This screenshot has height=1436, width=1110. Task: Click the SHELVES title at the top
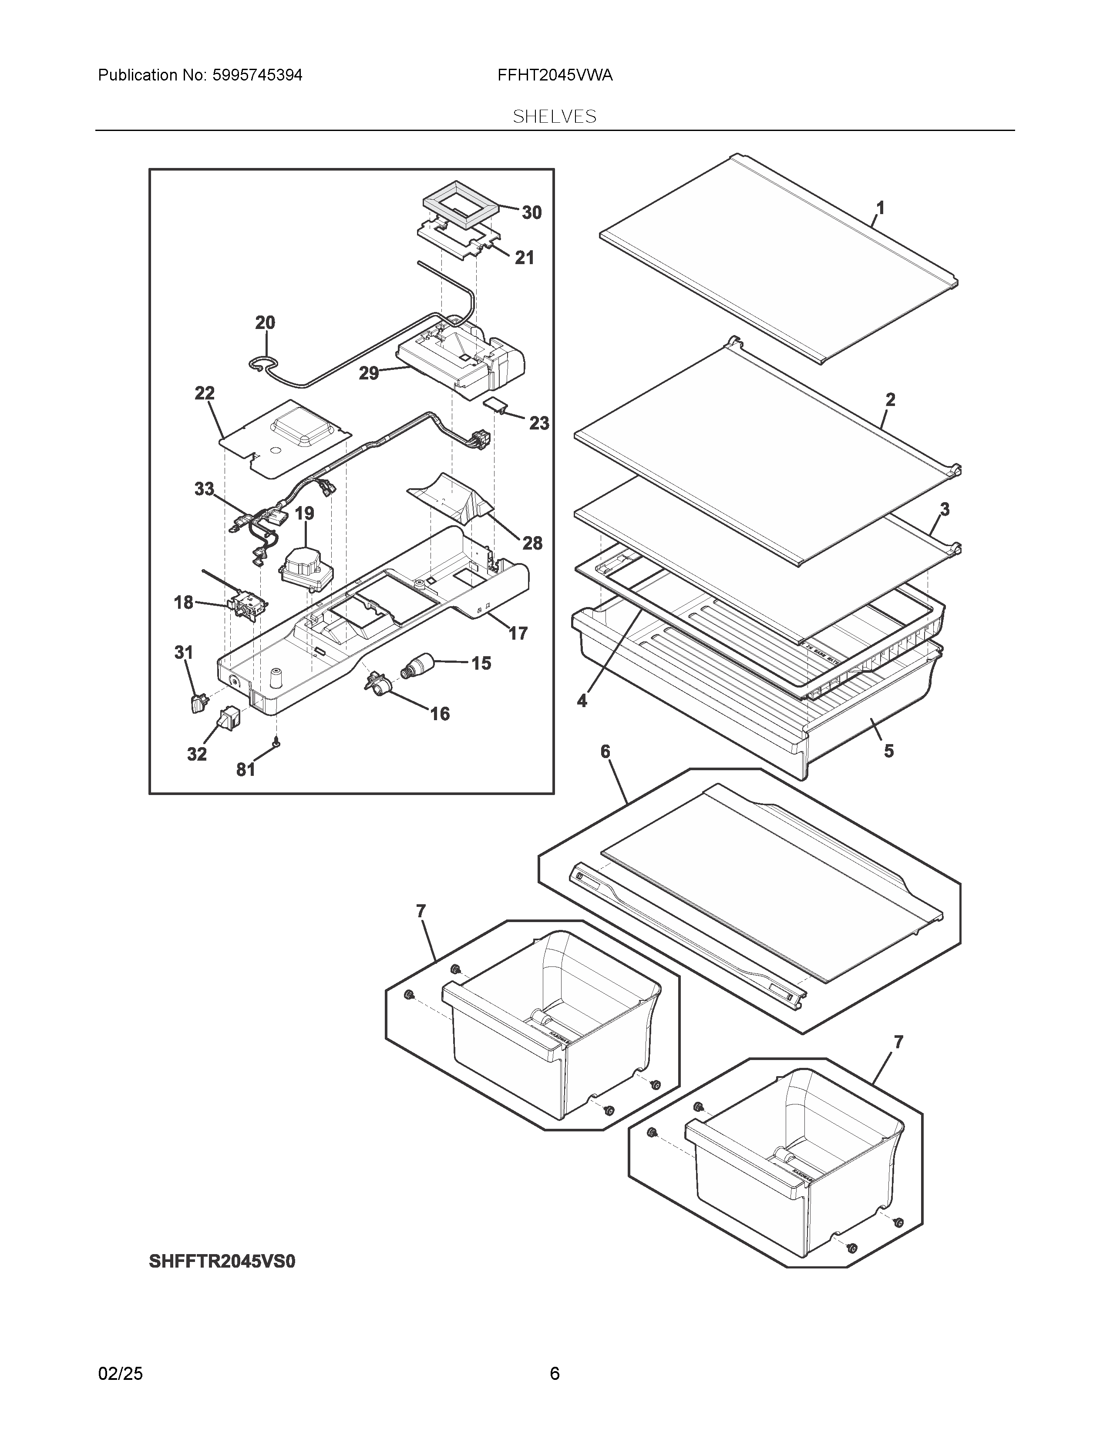pyautogui.click(x=554, y=117)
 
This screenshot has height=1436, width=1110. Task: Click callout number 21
pyautogui.click(x=524, y=258)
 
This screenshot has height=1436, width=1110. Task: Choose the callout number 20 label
pyautogui.click(x=265, y=323)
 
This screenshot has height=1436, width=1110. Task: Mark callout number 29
pyautogui.click(x=369, y=373)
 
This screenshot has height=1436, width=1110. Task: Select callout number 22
pyautogui.click(x=205, y=393)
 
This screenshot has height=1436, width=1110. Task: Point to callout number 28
pyautogui.click(x=532, y=543)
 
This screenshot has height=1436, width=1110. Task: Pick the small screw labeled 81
pyautogui.click(x=277, y=742)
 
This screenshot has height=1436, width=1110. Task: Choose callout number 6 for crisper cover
pyautogui.click(x=605, y=752)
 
